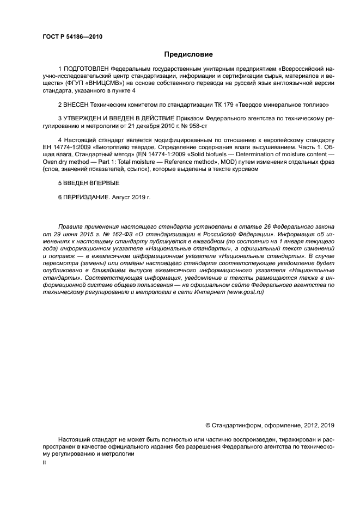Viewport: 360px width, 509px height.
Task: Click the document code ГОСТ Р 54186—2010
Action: tap(72, 37)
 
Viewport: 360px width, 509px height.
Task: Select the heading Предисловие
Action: tap(188, 54)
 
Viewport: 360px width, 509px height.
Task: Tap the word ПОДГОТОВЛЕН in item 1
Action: tap(86, 70)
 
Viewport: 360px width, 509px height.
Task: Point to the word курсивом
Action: tap(243, 169)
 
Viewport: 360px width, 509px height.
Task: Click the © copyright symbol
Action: tap(208, 425)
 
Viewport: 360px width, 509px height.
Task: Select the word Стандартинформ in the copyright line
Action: tap(235, 425)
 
